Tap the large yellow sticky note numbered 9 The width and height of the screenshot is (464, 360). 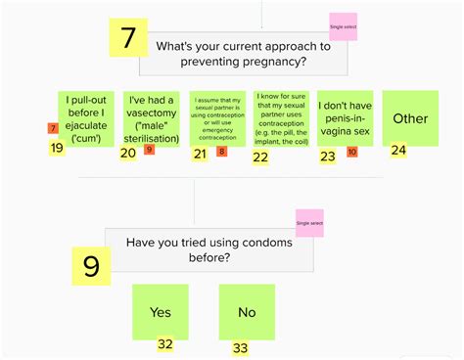coord(91,266)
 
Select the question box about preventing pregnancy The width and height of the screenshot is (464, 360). coord(243,53)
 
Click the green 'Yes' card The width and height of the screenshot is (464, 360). coord(161,311)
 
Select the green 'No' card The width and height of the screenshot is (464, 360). coord(247,311)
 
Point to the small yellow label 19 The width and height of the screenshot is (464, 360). coord(57,149)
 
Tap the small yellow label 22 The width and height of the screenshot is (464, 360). coord(260,156)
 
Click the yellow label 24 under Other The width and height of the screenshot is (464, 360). coord(397,151)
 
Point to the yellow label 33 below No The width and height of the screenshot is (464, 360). coord(240,347)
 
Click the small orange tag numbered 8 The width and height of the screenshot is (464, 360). coord(221,152)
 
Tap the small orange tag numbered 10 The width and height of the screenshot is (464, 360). coord(351,152)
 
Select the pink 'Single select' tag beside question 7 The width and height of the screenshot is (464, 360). coord(343,26)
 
